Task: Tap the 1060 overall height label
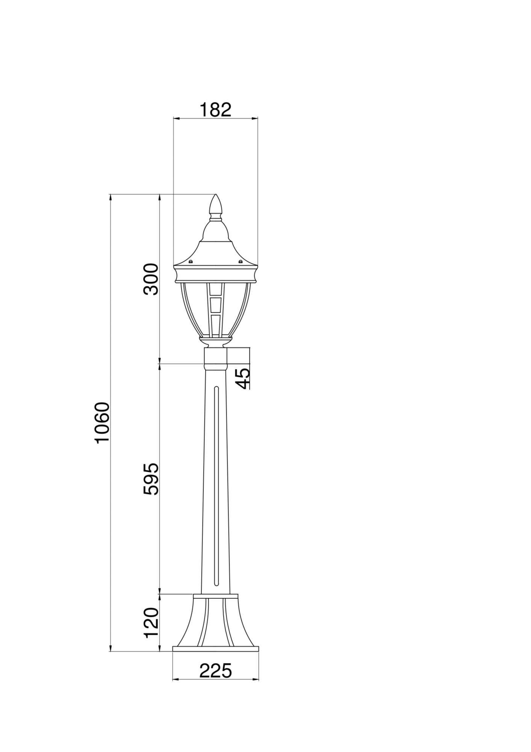point(102,423)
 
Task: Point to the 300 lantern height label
point(151,279)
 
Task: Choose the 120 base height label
point(151,622)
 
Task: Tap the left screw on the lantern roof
point(191,261)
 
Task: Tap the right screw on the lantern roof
point(241,261)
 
